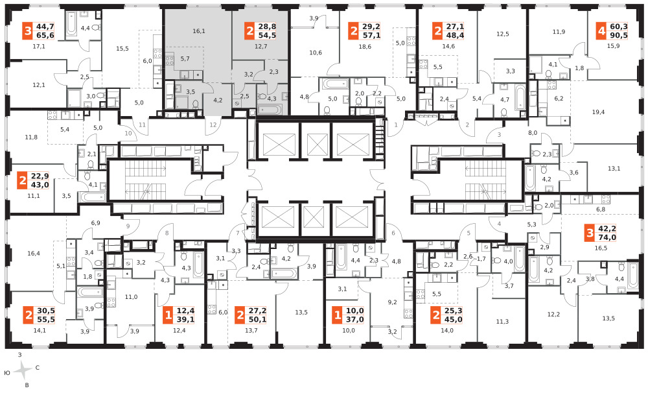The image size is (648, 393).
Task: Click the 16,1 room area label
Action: (199, 31)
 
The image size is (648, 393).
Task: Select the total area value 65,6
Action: (45, 36)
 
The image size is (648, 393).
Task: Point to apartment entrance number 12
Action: (213, 125)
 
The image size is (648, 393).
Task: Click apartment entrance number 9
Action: (128, 226)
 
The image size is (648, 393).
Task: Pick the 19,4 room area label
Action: (598, 112)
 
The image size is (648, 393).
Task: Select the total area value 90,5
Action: (619, 36)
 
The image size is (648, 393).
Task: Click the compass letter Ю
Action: (7, 373)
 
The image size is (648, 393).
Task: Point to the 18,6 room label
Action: (365, 47)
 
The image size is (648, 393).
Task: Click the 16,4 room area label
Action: (34, 253)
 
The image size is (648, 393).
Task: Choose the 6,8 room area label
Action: (601, 209)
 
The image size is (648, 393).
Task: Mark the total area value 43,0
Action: (40, 185)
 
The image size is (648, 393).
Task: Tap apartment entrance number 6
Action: (393, 233)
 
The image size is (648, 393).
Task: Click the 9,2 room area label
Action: (392, 302)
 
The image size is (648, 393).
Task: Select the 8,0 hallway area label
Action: (532, 133)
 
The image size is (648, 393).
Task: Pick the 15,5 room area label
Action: (122, 49)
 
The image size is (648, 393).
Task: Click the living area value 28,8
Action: (267, 27)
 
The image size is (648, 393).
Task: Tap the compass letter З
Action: (19, 355)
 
